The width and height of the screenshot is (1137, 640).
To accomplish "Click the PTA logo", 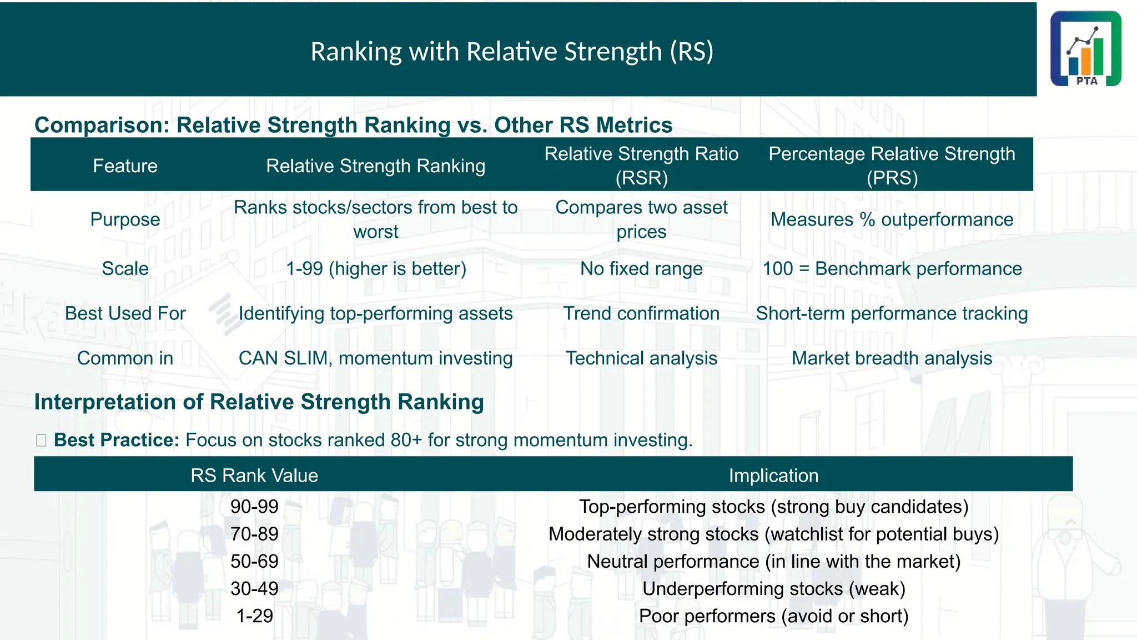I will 1085,49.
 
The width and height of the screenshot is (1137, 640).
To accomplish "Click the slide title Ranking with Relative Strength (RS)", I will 511,52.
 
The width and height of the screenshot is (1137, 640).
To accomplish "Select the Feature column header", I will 125,166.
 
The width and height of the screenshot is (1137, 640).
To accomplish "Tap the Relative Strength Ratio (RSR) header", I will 641,166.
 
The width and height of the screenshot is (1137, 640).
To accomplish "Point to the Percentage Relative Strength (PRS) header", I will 892,166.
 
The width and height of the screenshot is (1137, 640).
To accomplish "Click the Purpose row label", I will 125,219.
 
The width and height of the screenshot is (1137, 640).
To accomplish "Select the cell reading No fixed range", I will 641,269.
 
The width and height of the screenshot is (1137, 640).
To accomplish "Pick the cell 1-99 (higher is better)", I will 376,269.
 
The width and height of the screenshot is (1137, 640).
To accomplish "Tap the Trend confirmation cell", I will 641,314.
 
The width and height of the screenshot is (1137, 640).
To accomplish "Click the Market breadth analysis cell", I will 892,358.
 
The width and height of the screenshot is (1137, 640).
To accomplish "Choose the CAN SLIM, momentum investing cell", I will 376,358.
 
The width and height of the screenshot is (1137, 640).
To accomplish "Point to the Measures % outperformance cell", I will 892,219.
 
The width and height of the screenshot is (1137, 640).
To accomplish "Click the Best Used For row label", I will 125,314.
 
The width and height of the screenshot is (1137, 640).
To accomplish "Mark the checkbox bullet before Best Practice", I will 41,441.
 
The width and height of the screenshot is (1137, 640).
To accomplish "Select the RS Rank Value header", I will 254,476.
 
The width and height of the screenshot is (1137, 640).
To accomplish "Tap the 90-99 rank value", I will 254,507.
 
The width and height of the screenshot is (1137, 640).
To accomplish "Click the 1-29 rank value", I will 254,616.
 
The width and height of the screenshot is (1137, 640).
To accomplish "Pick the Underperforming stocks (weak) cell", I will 773,589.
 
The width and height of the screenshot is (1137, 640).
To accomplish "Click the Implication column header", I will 773,476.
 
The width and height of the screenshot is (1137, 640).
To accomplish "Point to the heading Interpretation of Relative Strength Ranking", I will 259,402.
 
